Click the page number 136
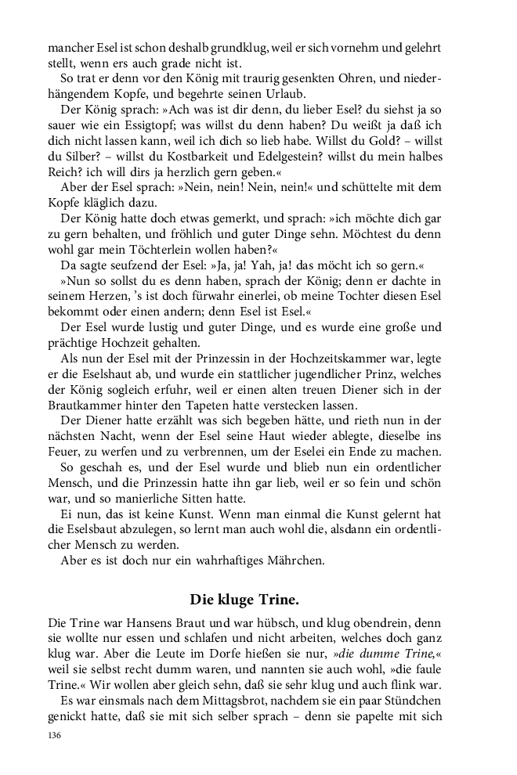[x=55, y=736]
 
